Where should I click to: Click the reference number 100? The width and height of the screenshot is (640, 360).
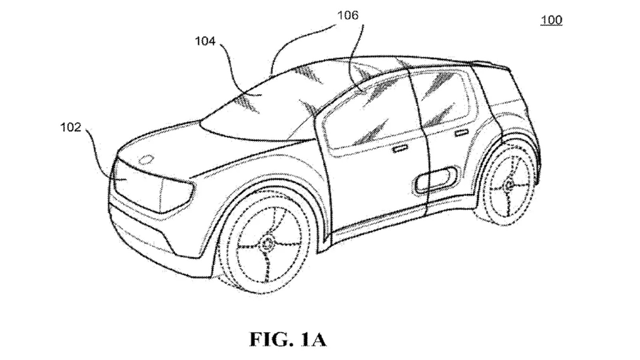tap(552, 20)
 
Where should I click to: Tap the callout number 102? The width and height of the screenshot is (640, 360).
tap(71, 127)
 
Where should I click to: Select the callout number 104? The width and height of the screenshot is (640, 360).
tap(205, 41)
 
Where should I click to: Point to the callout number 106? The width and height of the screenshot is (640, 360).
tap(348, 16)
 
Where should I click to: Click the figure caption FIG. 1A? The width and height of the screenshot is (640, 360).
tap(288, 340)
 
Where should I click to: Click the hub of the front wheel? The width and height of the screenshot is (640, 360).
tap(267, 244)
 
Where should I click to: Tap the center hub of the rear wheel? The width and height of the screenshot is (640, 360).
tap(508, 186)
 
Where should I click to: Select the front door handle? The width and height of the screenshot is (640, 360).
tap(400, 148)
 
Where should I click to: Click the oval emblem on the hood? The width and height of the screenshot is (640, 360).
tap(146, 160)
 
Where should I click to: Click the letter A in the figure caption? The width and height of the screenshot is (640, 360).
tap(317, 340)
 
